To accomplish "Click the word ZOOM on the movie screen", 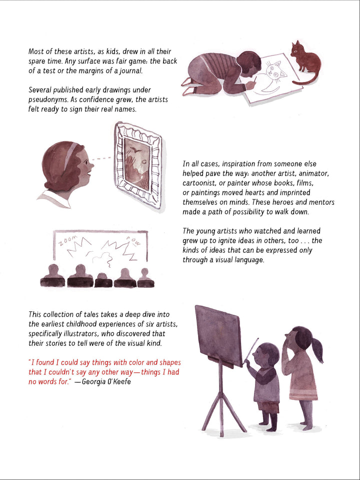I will (x=66, y=242).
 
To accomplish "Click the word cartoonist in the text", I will (x=200, y=183).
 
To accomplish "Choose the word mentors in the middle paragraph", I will (x=318, y=202).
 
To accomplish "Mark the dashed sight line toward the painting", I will (x=102, y=159).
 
